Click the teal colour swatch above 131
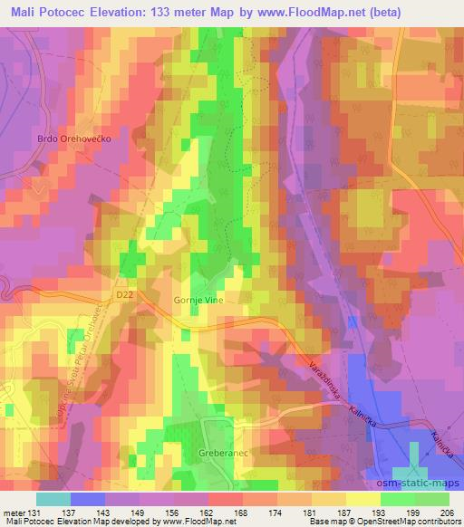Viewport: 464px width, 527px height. [x=53, y=498]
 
